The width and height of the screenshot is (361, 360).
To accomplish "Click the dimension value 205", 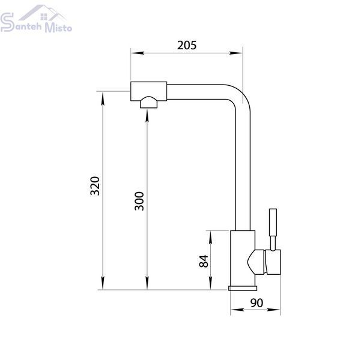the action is point(187,46).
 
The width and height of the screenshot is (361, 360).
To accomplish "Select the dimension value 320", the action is point(95,186).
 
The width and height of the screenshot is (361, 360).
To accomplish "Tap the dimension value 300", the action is point(139,201).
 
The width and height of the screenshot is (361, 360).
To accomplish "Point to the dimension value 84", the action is point(204,261).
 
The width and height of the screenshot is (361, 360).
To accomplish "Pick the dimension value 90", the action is point(256,303).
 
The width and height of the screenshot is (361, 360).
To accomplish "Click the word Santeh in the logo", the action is point(21,23).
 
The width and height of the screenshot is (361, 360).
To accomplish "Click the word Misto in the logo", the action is point(58,28).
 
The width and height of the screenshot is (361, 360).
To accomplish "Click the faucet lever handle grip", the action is point(273,222).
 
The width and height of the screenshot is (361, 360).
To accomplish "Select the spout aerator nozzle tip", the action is point(149,103).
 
